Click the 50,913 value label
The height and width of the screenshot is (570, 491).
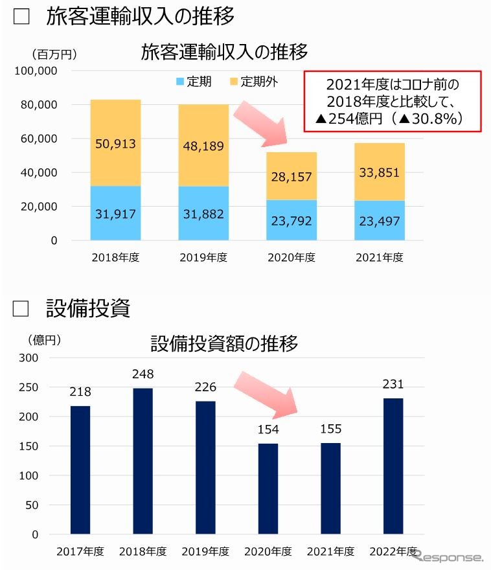click(x=115, y=144)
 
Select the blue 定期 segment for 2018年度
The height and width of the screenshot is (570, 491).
click(x=115, y=213)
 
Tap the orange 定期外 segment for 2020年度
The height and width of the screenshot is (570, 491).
click(x=291, y=176)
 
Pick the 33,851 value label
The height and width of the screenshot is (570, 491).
click(x=380, y=172)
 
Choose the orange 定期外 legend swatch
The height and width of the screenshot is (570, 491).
click(x=234, y=82)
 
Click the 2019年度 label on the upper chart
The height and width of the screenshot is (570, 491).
click(x=203, y=257)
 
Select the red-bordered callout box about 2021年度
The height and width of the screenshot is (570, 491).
click(x=393, y=101)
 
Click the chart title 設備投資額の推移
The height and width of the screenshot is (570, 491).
click(x=224, y=343)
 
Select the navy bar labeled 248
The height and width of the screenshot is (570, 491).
click(x=143, y=461)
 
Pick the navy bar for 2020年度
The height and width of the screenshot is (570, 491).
click(x=268, y=489)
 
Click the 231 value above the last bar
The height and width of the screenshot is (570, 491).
click(x=393, y=384)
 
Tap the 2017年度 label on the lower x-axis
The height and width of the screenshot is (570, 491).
click(x=80, y=552)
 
